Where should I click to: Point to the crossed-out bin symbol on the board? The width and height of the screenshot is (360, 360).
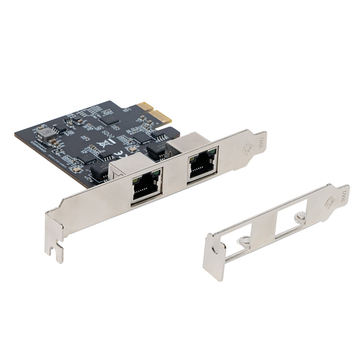[104, 144]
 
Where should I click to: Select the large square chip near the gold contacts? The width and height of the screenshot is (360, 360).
[109, 118]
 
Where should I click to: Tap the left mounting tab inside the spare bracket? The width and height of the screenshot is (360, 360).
[244, 242]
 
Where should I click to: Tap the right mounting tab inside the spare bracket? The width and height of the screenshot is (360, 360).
[300, 217]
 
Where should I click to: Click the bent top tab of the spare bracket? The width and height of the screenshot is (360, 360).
[342, 195]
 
